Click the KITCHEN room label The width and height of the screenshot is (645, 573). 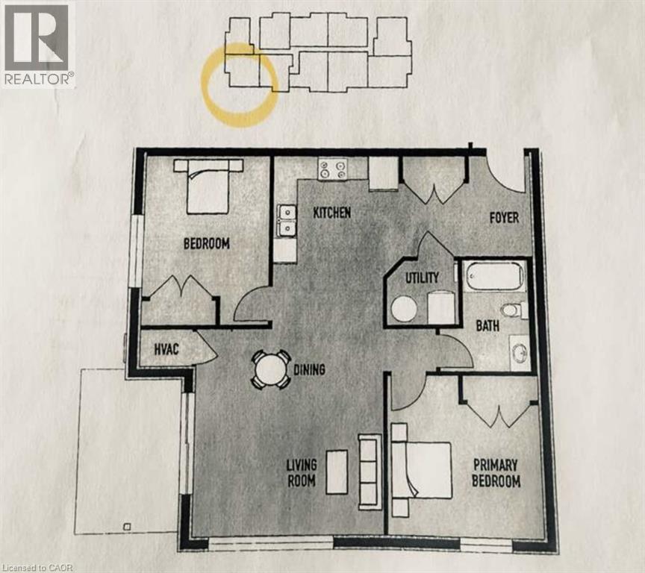[x=331, y=213]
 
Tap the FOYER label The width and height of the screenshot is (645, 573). [x=504, y=218]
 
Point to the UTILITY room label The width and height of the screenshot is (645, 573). [x=422, y=277]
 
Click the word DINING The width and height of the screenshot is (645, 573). [x=309, y=369]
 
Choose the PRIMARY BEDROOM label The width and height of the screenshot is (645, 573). [x=496, y=472]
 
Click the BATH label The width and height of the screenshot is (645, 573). [x=487, y=325]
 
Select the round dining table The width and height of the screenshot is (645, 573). [x=270, y=369]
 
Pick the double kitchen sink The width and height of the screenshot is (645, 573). [x=285, y=221]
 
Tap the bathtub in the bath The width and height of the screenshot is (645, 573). [x=493, y=276]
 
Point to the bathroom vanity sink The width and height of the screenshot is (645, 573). [x=519, y=351]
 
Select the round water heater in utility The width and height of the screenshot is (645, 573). [x=404, y=309]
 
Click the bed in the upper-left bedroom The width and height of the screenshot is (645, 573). [x=208, y=186]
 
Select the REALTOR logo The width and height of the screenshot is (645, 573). [x=37, y=43]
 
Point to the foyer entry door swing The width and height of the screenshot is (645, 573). [x=506, y=173]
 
